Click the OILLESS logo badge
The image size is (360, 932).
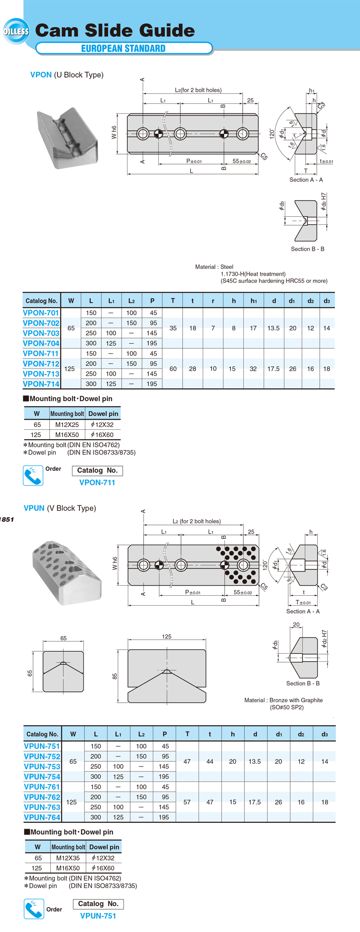coord(16,31)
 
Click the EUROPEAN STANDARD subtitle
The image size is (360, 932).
coord(123,49)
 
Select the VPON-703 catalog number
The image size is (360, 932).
coord(41,333)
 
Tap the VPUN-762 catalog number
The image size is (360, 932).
coord(42,797)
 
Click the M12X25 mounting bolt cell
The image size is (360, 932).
coord(67,425)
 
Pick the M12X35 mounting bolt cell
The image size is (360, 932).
coord(68,858)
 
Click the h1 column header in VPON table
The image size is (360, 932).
coord(253,301)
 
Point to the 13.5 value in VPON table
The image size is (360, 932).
coord(273,328)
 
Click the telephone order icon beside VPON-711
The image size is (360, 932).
coord(33,476)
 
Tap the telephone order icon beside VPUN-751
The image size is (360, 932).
coord(34,909)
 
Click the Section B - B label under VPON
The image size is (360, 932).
coord(307,249)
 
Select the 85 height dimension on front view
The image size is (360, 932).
coord(115,676)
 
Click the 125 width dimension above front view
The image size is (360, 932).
coord(166,636)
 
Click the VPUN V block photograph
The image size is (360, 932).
coord(67,573)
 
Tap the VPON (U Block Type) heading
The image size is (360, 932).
coord(67,75)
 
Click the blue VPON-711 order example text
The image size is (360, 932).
coord(97,482)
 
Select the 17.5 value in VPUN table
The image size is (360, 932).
coord(254,802)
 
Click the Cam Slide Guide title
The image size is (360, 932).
coord(115,31)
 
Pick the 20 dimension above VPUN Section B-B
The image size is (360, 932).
coord(296,625)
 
